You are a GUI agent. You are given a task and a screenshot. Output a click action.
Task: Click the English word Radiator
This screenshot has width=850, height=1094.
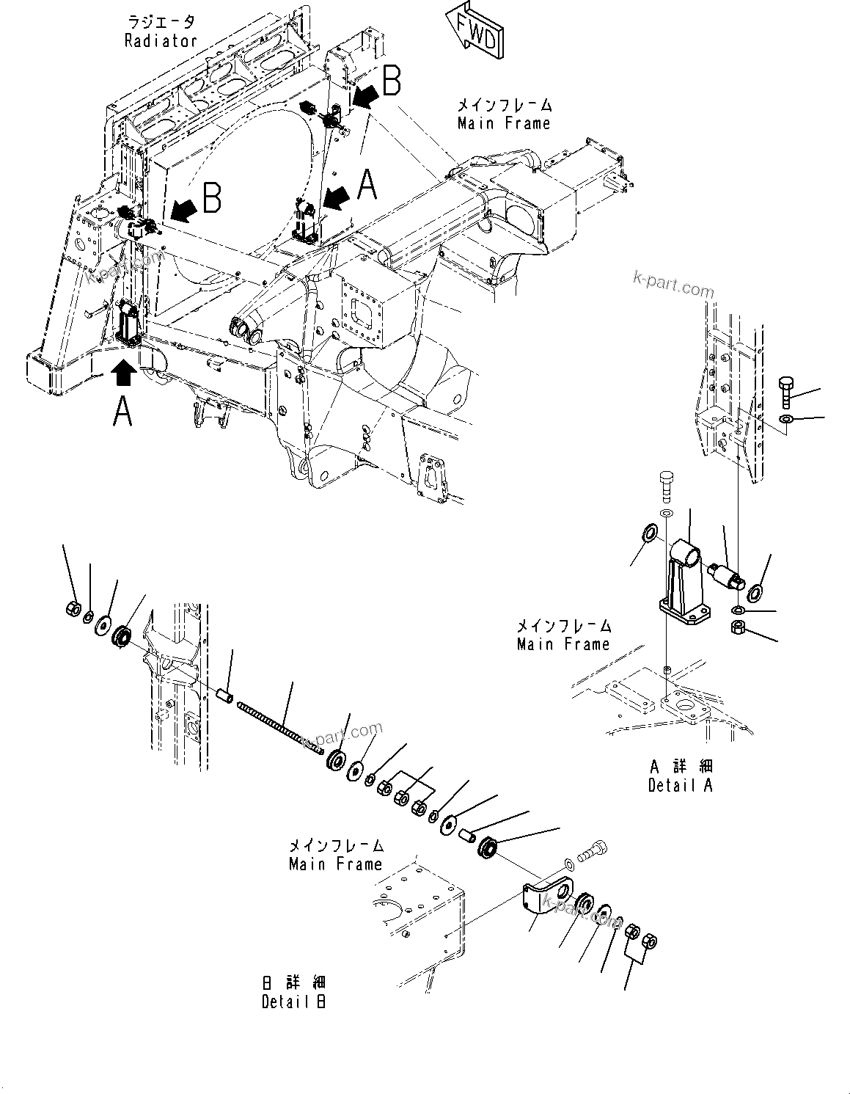(161, 41)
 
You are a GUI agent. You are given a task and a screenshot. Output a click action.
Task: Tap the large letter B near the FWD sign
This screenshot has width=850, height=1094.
(391, 81)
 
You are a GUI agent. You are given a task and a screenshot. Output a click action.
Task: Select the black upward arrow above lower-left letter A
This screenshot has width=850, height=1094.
(124, 372)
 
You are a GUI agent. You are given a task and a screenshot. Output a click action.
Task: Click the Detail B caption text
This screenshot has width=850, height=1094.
(294, 1002)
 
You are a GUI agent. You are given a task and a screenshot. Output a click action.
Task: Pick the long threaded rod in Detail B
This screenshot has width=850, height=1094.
(279, 726)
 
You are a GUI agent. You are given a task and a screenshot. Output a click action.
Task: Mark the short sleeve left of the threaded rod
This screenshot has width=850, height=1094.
(224, 693)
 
